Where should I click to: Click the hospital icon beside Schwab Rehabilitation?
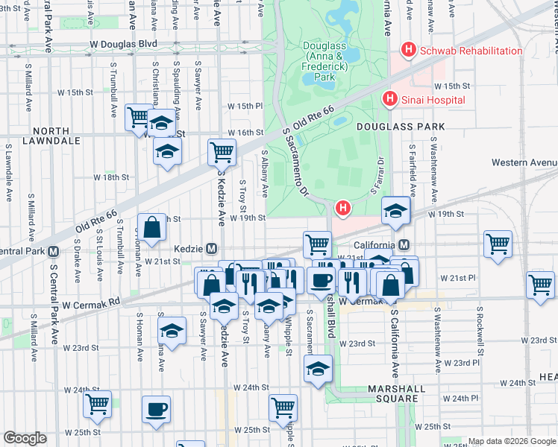408,50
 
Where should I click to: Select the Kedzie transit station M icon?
212,248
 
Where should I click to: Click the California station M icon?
404,244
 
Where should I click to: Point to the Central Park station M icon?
53,250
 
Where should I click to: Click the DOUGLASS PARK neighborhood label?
403,127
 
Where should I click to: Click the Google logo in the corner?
25,438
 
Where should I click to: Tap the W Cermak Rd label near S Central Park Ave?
91,305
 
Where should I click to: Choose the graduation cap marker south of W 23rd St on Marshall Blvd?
318,369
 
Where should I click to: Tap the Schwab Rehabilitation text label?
471,51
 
